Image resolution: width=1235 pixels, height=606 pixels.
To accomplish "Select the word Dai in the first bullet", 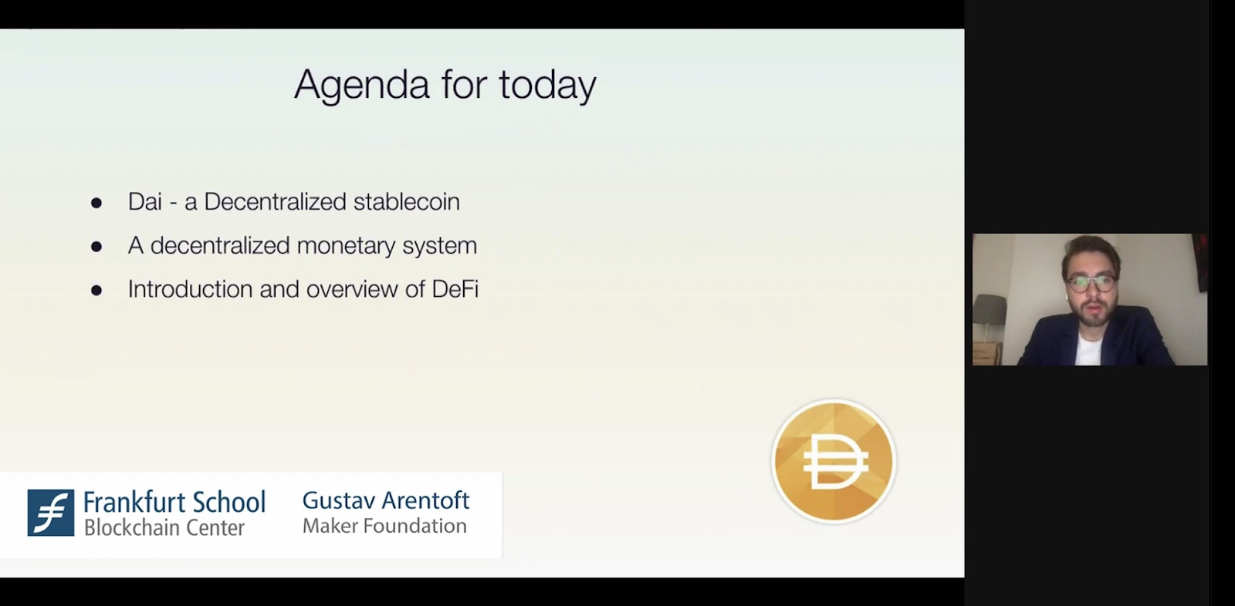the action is coord(145,202).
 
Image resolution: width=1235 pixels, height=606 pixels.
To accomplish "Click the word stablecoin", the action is coord(406,202).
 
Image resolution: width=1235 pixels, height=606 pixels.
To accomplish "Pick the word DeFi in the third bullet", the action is coord(455,288).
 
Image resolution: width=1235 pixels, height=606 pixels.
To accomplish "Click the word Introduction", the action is coord(190,288).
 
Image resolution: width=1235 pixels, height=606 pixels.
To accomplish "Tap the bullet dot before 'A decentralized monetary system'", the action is coord(96,247).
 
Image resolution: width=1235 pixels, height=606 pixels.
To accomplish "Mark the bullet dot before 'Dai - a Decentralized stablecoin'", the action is coord(96,204).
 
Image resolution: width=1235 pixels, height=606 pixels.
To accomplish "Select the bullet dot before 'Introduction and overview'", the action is coord(96,291).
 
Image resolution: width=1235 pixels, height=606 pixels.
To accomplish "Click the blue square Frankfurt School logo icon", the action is coord(51,513).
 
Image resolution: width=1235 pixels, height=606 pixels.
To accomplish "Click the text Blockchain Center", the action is coord(164,528).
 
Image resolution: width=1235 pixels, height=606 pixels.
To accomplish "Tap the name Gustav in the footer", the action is coord(339,501).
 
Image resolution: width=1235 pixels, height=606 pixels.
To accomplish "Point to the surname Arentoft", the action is coord(425,501).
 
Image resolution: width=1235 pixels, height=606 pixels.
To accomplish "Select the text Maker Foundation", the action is coord(384,526).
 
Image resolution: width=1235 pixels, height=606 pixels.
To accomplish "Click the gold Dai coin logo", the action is coord(834,461).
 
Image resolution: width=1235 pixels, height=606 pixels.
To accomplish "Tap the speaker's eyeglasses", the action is coord(1091,284).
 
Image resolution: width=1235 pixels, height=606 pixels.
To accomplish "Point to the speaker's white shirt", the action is coord(1089,349).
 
